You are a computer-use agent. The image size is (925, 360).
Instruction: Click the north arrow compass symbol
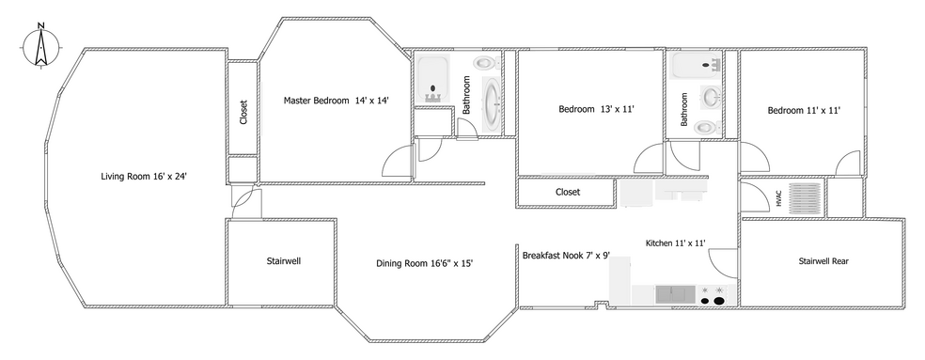[x=40, y=46]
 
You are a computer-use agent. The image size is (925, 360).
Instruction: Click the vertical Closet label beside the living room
[x=243, y=113]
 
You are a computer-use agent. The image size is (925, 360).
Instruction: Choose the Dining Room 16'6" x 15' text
[x=424, y=263]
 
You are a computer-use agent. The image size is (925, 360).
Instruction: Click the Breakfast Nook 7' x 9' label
[x=566, y=254]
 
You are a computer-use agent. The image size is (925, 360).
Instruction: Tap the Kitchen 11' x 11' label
[x=675, y=243]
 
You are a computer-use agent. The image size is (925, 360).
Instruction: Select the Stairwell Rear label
[x=823, y=261]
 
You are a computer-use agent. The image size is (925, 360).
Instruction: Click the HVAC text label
[x=778, y=198]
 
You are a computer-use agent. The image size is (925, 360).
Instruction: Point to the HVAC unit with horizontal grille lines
[x=805, y=199]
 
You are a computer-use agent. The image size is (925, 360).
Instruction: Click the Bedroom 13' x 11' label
[x=596, y=109]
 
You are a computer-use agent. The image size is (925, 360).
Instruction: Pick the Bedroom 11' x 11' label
[x=803, y=110]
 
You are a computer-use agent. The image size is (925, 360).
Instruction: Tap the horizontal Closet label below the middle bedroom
[x=568, y=192]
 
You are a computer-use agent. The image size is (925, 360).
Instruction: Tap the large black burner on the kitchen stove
[x=720, y=301]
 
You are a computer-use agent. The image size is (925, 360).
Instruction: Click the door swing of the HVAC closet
[x=751, y=197]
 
